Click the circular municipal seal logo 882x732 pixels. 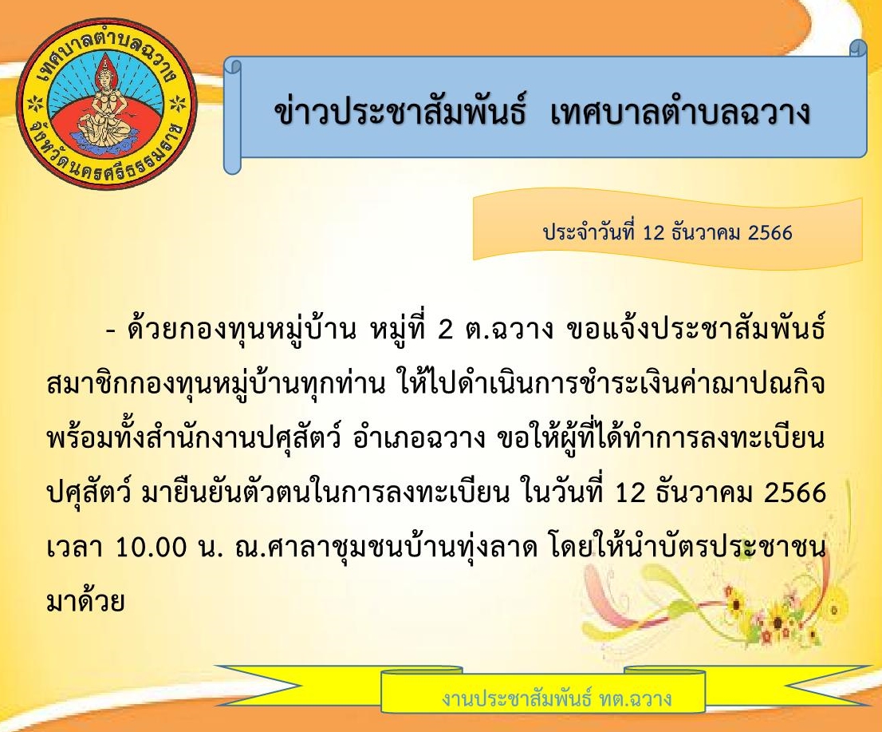click(107, 106)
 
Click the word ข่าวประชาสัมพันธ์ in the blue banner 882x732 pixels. click(400, 110)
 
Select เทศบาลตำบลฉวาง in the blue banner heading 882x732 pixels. click(680, 112)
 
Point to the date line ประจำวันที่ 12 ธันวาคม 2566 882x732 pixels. click(667, 232)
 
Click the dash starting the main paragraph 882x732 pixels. click(110, 331)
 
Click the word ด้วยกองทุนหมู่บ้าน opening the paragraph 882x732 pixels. click(242, 330)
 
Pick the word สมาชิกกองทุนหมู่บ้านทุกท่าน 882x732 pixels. click(216, 385)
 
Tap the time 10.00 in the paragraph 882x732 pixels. click(152, 548)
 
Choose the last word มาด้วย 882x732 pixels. click(85, 599)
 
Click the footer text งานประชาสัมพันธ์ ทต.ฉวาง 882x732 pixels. click(557, 698)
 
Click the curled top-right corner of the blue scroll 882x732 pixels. click(858, 49)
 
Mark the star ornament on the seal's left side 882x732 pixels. click(36, 104)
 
